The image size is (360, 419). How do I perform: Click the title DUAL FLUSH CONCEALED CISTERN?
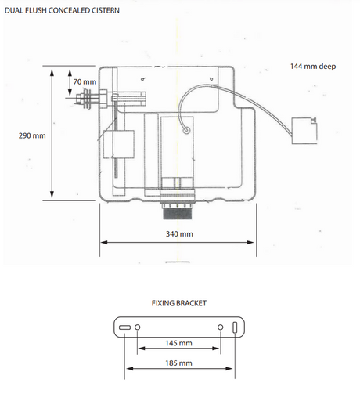tap(62, 10)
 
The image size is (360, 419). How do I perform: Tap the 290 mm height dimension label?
tap(32, 135)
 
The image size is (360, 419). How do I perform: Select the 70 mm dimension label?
tap(85, 81)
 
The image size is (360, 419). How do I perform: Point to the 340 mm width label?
tap(179, 234)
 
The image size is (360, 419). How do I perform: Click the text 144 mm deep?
tap(313, 67)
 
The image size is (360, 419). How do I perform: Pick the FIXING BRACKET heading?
tap(179, 303)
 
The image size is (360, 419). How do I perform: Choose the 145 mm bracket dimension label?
tap(178, 343)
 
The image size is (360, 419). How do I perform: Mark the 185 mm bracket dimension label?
tap(178, 363)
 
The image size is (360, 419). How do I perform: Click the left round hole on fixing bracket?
tap(137, 327)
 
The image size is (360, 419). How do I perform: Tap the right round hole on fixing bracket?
tap(221, 327)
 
